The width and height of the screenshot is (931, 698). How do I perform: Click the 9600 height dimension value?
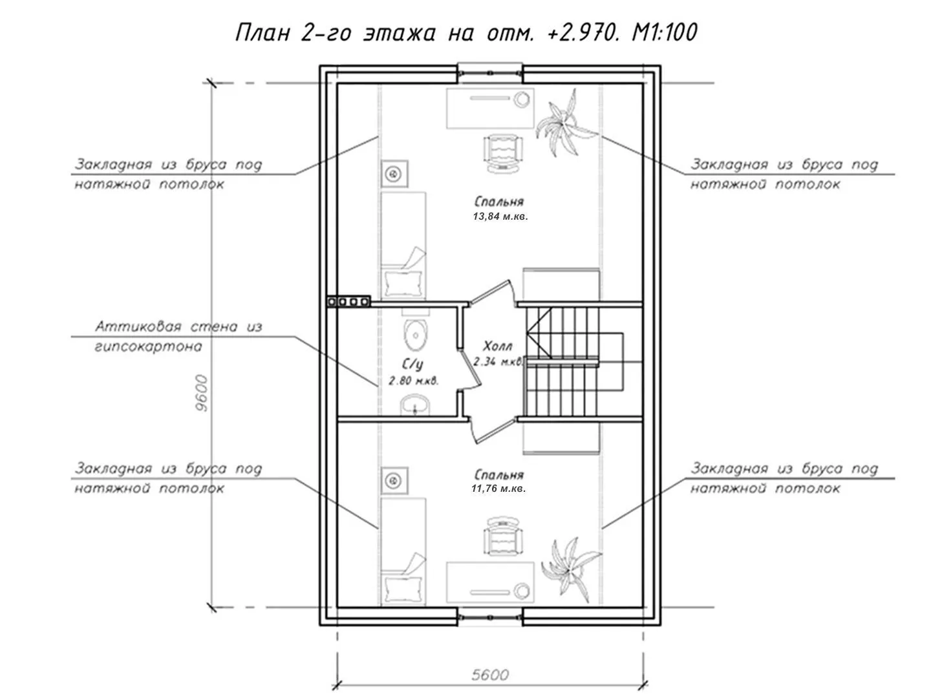(202, 393)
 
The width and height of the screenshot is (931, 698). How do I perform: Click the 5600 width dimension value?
(490, 675)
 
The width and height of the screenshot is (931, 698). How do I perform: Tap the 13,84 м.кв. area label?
(500, 217)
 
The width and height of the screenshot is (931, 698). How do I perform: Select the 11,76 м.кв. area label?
(498, 489)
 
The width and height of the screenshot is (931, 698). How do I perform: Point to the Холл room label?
(498, 346)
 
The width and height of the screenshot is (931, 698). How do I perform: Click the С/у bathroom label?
(412, 365)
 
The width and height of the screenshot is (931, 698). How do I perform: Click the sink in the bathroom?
(415, 405)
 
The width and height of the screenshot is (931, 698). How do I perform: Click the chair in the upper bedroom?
(502, 153)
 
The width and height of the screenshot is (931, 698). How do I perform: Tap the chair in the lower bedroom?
(502, 536)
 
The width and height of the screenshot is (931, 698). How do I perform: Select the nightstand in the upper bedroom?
(394, 173)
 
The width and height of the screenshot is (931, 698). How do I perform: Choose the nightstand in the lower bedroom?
(394, 481)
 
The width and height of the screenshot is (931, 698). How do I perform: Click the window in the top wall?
(490, 73)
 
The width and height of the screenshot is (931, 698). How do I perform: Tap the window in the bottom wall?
(490, 617)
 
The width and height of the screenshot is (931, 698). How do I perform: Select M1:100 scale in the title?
(664, 32)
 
